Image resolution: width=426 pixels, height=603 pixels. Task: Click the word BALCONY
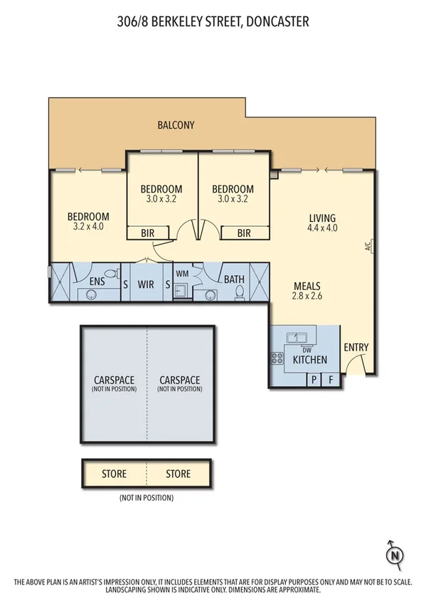click(176, 125)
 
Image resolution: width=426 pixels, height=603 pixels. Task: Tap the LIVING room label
click(321, 218)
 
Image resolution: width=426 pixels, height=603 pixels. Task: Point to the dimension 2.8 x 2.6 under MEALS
click(308, 297)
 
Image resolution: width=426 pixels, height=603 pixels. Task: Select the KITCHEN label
click(310, 360)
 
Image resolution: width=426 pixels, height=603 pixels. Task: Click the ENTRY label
click(355, 347)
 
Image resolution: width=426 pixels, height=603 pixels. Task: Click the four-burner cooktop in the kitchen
click(277, 358)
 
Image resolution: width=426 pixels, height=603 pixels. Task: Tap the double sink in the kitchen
click(297, 337)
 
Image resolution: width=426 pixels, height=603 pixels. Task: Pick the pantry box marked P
click(313, 380)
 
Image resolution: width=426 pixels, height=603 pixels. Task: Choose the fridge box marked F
click(331, 380)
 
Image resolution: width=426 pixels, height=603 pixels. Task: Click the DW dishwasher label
click(307, 349)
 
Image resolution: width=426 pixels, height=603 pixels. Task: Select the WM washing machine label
click(182, 273)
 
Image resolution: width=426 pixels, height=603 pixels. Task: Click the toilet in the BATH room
click(239, 294)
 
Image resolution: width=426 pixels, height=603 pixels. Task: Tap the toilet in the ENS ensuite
click(110, 274)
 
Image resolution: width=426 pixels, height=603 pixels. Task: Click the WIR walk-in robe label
click(146, 284)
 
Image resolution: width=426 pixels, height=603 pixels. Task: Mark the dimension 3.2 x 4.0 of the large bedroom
click(88, 227)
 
